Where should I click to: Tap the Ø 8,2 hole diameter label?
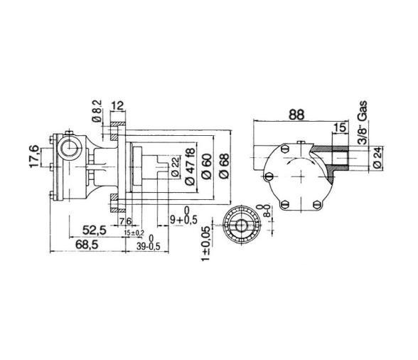[97, 112]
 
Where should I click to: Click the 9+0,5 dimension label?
[184, 219]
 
